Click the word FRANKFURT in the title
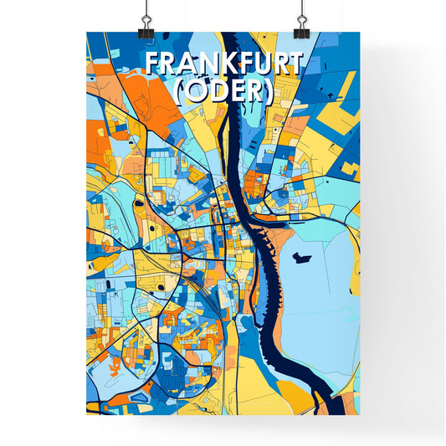point(223,64)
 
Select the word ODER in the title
point(223,91)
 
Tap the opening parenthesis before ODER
point(179,92)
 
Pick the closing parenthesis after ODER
point(268,92)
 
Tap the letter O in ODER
point(195,91)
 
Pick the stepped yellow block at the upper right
point(343,105)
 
